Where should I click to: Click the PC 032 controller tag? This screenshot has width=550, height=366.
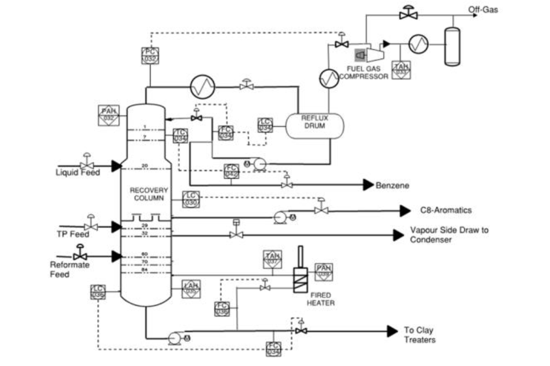pyautogui.click(x=150, y=55)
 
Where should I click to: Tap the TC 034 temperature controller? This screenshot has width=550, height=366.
pyautogui.click(x=181, y=136)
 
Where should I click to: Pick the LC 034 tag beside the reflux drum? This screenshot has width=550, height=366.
pyautogui.click(x=265, y=125)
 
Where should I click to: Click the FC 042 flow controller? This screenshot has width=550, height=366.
pyautogui.click(x=232, y=171)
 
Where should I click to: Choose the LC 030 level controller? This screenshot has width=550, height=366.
pyautogui.click(x=191, y=199)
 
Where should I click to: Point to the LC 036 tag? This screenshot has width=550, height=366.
pyautogui.click(x=98, y=292)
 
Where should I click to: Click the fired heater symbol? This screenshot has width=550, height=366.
pyautogui.click(x=300, y=279)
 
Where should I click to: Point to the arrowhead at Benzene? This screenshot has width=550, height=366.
pyautogui.click(x=368, y=185)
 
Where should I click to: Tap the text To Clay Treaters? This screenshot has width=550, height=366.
pyautogui.click(x=419, y=335)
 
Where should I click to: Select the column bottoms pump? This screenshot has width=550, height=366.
pyautogui.click(x=175, y=338)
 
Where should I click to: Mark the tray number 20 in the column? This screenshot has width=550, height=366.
pyautogui.click(x=145, y=165)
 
